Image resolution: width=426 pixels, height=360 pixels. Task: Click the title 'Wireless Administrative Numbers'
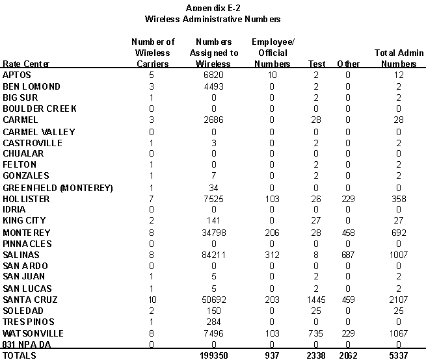pos(212,19)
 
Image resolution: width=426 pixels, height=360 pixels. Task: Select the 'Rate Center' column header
pos(26,64)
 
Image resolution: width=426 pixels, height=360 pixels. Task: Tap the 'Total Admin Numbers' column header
pos(399,58)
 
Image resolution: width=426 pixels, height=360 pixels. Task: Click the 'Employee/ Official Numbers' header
pos(273,53)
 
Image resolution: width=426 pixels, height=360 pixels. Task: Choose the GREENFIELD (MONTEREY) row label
pos(58,188)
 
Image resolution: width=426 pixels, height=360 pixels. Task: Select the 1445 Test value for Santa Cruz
pos(317,300)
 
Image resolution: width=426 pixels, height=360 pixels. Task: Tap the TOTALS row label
pos(20,355)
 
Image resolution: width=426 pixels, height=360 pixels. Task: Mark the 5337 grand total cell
pos(399,355)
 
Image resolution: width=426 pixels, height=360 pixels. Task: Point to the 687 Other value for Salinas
pos(348,255)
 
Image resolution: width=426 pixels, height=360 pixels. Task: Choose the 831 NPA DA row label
pos(26,344)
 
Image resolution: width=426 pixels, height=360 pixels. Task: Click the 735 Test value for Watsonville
pos(317,333)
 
